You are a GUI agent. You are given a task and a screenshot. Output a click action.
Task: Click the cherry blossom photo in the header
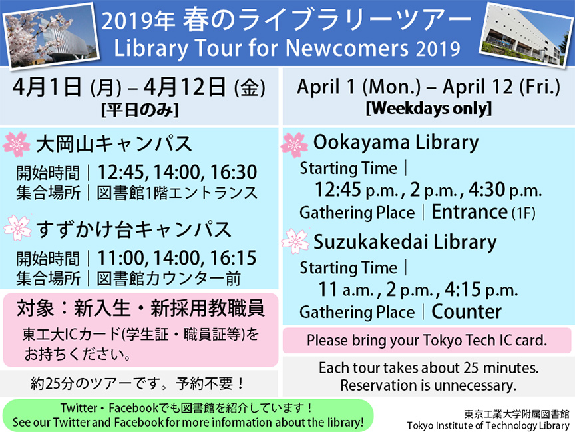pos(51,35)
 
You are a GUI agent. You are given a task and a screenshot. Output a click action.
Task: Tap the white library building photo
pos(526,35)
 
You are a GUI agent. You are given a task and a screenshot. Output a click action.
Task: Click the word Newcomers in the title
pos(347,49)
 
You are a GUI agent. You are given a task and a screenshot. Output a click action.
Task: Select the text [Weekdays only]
pos(429,109)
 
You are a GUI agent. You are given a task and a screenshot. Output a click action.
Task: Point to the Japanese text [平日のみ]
pos(140,110)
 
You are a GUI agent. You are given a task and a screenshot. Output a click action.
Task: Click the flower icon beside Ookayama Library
pos(294,145)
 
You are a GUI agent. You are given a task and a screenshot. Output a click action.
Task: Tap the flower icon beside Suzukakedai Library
pos(295,241)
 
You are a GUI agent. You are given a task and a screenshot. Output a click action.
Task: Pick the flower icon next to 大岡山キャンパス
pos(17,145)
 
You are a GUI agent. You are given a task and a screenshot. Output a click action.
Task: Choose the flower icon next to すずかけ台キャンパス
pos(17,228)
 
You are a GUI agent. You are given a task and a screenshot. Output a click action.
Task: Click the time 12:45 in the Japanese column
pos(120,172)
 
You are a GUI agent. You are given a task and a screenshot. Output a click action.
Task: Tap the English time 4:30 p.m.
pos(505,190)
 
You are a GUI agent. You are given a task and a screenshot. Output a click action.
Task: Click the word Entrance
pos(469,212)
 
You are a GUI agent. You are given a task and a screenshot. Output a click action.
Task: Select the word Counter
pos(467,312)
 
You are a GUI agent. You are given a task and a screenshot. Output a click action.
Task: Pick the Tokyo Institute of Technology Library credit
pos(488,425)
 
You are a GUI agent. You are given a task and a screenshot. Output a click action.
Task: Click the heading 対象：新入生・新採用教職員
pos(140,308)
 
